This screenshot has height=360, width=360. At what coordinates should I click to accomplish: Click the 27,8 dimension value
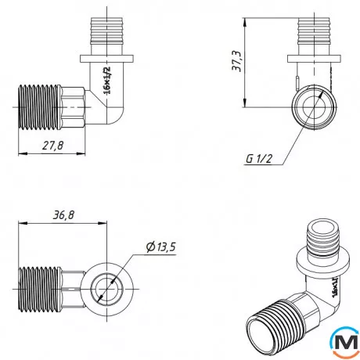(x=53, y=146)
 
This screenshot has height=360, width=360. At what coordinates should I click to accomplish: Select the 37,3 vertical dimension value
(x=237, y=61)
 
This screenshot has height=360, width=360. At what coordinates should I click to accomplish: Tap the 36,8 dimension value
(x=63, y=215)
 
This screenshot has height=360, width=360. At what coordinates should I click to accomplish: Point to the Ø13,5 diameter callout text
(x=161, y=247)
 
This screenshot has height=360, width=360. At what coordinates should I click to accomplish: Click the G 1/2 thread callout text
(x=258, y=158)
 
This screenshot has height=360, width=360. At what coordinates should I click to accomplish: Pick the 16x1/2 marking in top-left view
(x=107, y=81)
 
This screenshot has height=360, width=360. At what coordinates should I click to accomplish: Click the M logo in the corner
(x=345, y=341)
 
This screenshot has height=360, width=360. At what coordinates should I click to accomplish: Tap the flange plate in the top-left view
(x=106, y=59)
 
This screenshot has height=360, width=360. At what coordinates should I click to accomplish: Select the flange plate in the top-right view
(x=314, y=59)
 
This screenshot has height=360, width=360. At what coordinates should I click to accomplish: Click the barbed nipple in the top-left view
(x=106, y=31)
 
